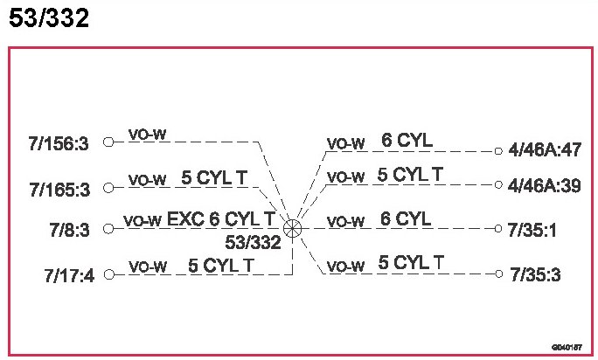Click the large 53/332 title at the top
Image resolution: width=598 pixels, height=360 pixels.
click(x=49, y=18)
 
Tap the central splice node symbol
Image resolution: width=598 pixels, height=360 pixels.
click(x=293, y=228)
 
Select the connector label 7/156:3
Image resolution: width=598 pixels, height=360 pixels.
click(x=59, y=144)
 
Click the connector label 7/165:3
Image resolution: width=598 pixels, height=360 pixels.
click(x=59, y=188)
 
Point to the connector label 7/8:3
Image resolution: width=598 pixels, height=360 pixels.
click(x=70, y=229)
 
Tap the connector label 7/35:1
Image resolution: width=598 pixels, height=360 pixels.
click(x=533, y=229)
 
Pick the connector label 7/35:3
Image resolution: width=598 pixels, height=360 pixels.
click(x=533, y=275)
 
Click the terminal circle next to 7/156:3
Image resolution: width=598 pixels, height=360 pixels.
click(x=108, y=142)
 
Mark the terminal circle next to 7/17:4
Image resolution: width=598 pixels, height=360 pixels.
click(x=108, y=273)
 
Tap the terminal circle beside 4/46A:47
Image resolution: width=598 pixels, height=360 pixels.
click(x=498, y=150)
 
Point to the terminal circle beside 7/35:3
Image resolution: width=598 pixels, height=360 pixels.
click(x=498, y=273)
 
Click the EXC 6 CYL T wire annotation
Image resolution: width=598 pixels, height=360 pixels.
click(x=222, y=218)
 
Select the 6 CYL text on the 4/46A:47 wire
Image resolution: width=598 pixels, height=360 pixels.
click(x=407, y=141)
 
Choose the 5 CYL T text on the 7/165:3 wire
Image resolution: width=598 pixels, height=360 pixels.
click(x=214, y=177)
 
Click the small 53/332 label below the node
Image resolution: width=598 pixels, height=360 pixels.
click(x=254, y=242)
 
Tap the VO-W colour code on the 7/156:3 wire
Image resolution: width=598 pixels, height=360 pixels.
click(x=147, y=135)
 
